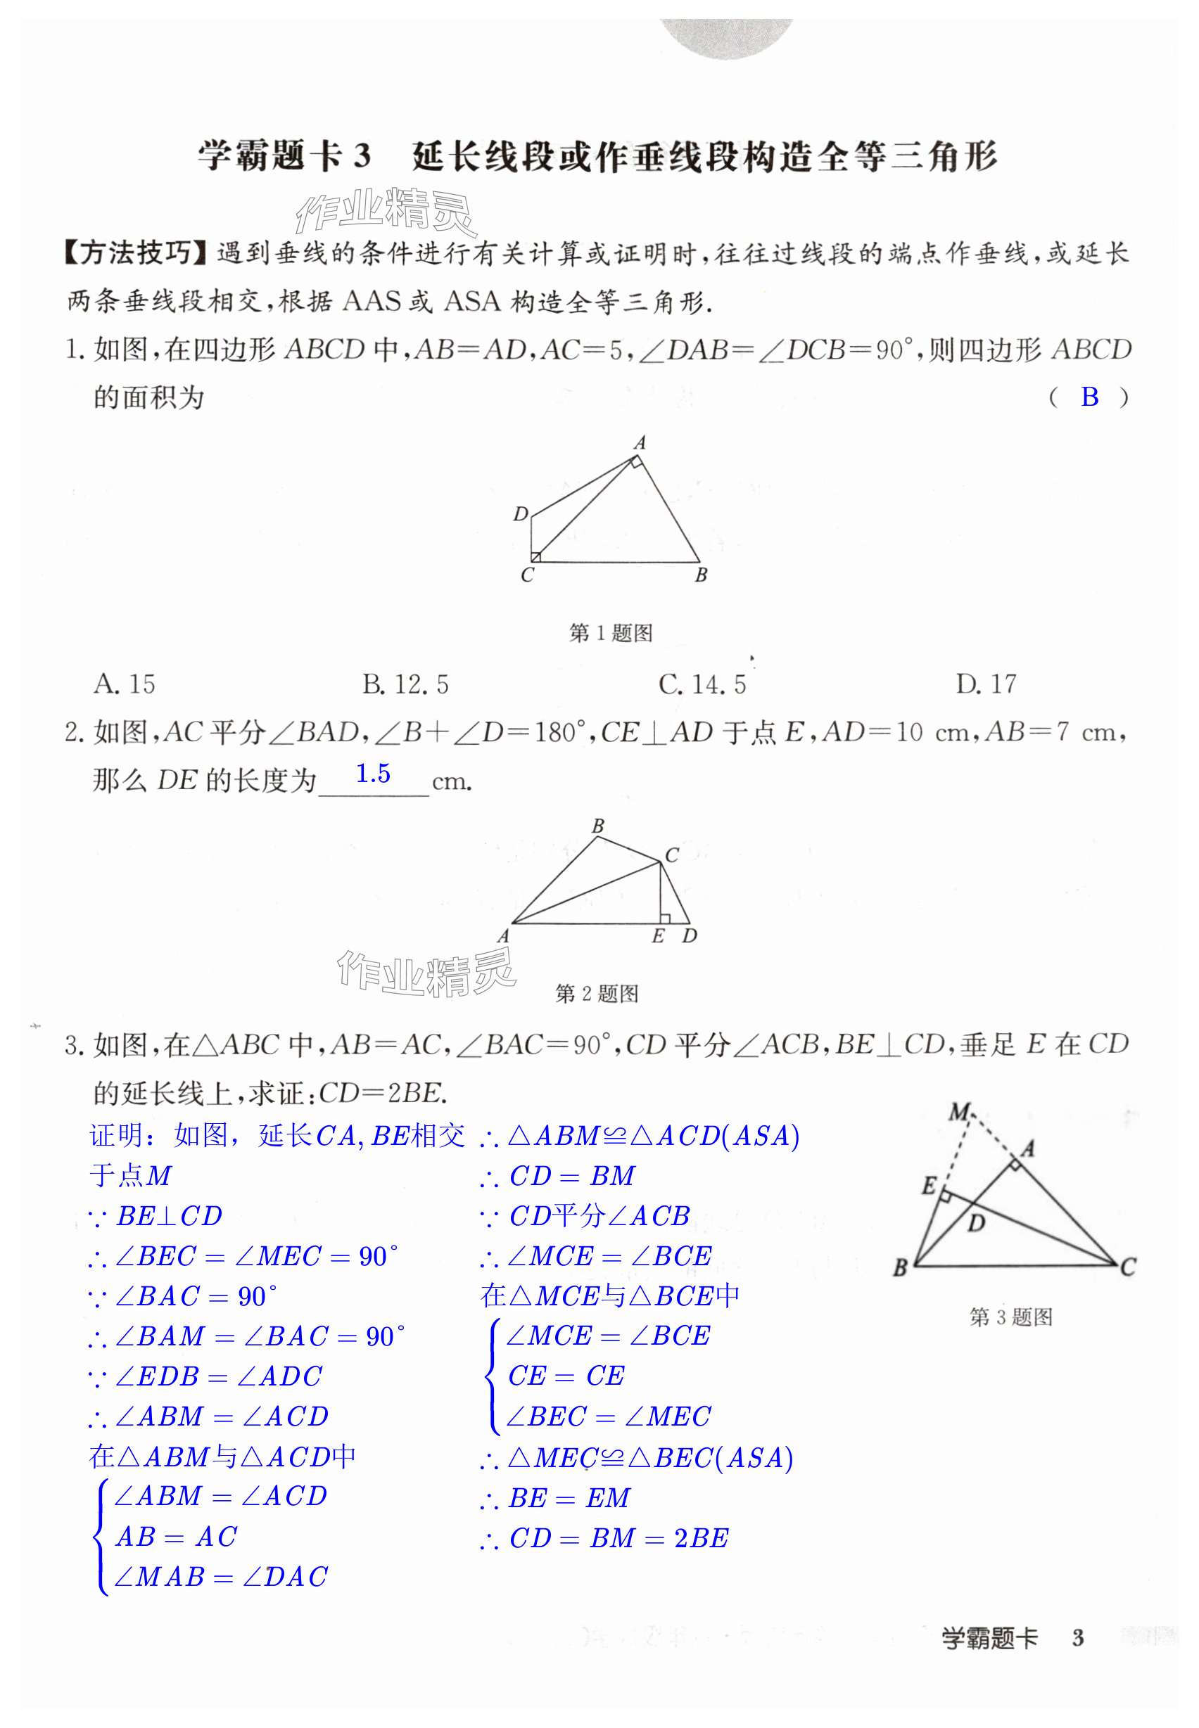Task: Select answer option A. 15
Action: click(124, 684)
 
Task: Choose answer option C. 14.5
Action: click(702, 684)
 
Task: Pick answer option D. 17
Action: click(986, 684)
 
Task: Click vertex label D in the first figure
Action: click(520, 514)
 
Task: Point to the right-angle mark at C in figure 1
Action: click(535, 556)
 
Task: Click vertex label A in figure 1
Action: click(640, 443)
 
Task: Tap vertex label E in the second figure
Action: click(658, 935)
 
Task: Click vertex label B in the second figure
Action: click(598, 826)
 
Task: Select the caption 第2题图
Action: click(597, 994)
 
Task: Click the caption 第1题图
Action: click(610, 633)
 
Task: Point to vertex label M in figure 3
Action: click(959, 1112)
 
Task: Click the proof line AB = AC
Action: click(176, 1537)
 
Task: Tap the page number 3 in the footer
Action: click(1078, 1638)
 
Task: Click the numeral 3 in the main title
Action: click(362, 156)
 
